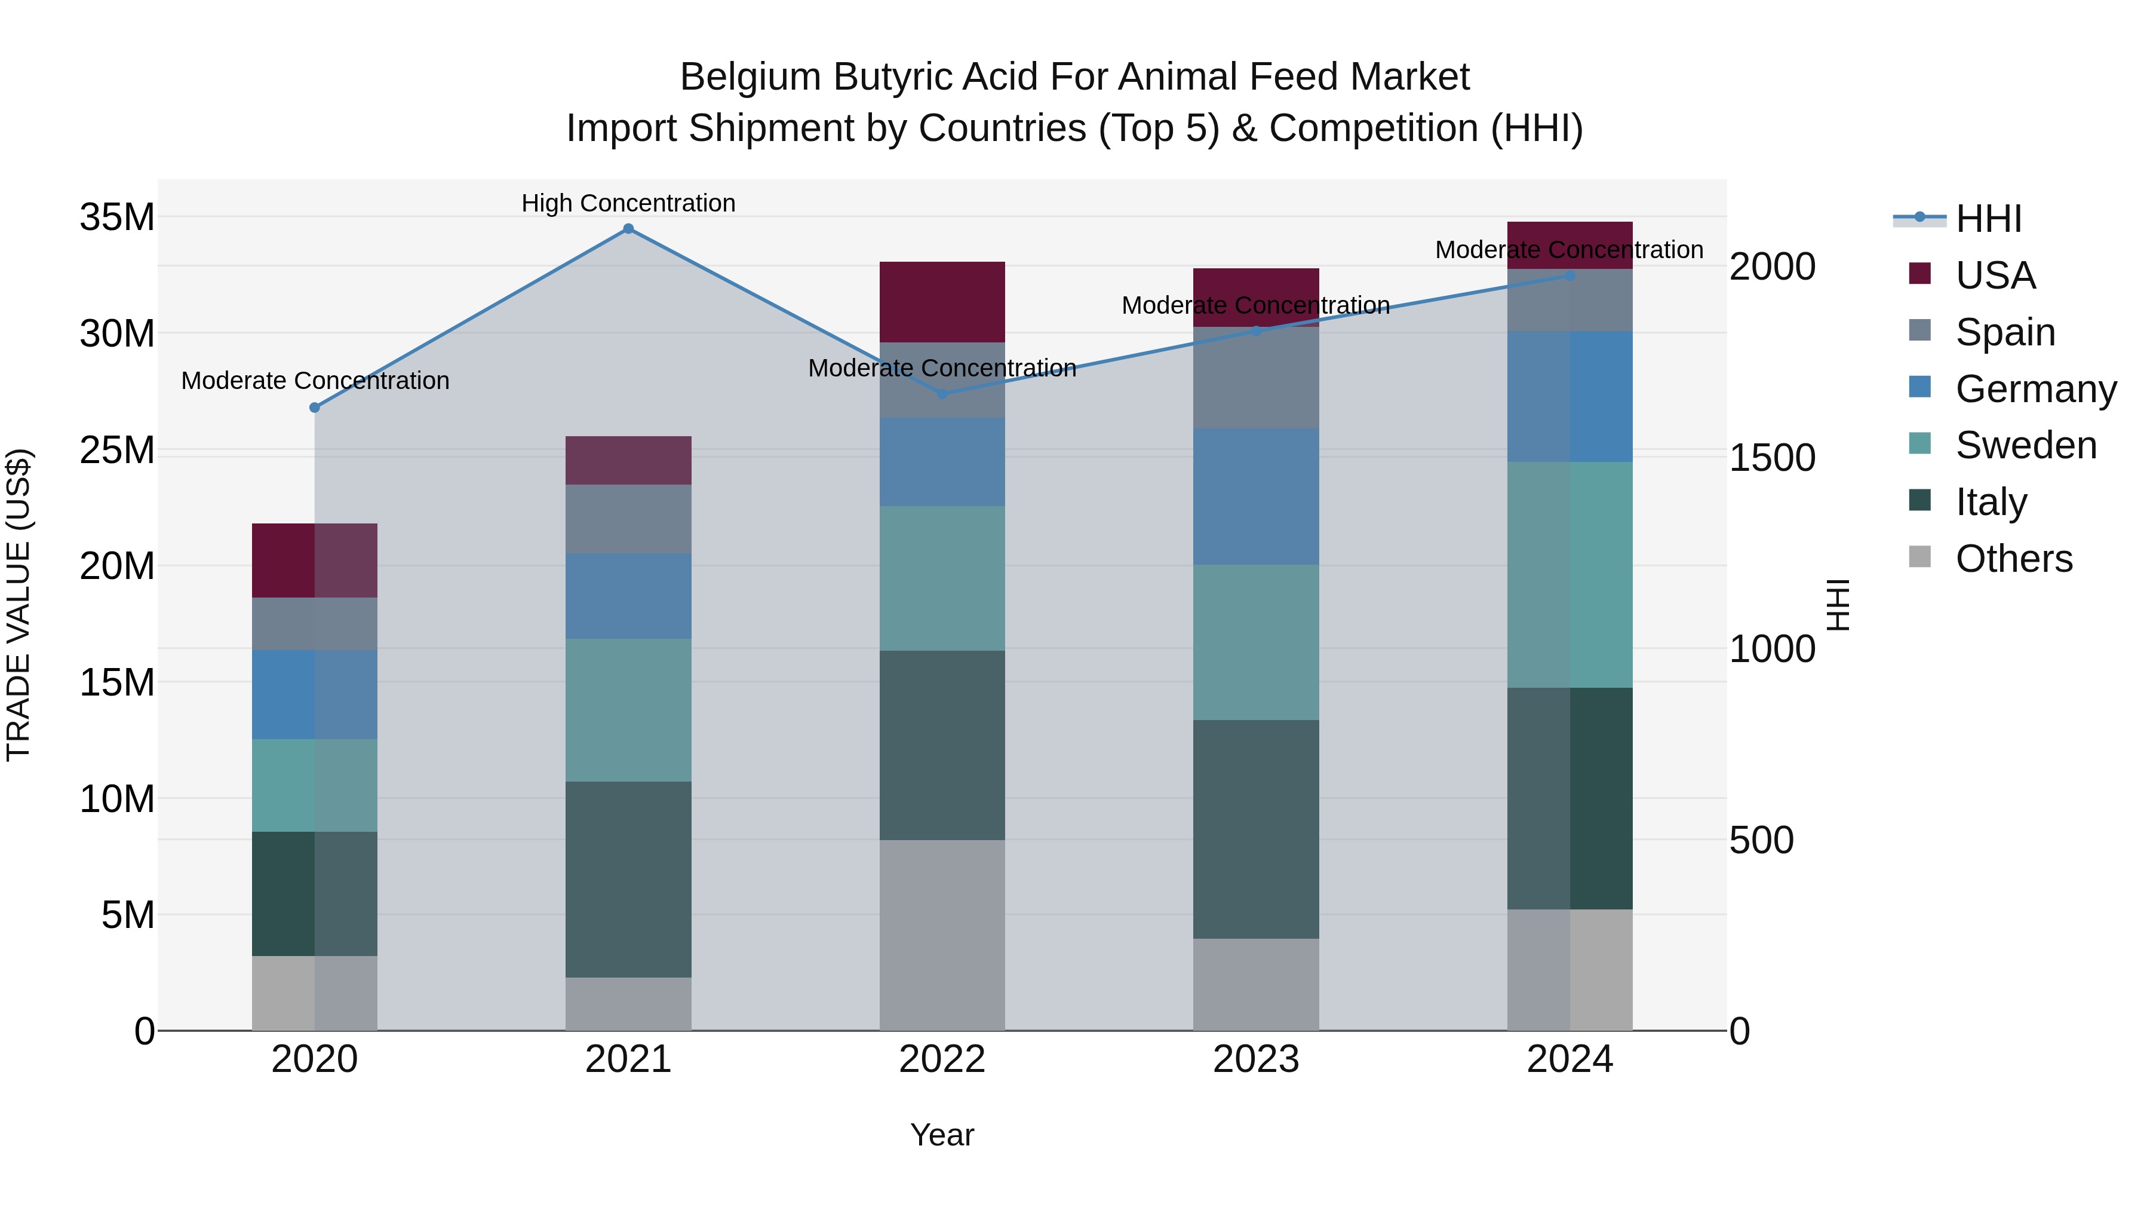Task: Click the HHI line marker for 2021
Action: click(x=628, y=229)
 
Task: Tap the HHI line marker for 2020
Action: click(x=315, y=408)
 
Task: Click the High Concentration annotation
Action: click(x=628, y=203)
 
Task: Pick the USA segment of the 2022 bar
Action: click(x=942, y=302)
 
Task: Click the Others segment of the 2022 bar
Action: click(x=942, y=935)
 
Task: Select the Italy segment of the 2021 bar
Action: click(x=628, y=880)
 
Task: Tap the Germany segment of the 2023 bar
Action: click(x=1256, y=497)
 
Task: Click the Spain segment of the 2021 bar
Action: click(x=628, y=519)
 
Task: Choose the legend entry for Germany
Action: click(x=2035, y=389)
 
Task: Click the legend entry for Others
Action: click(x=2013, y=559)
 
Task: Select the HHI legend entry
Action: click(x=1987, y=219)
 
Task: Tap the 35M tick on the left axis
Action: click(x=117, y=217)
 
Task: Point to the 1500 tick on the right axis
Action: click(x=1772, y=458)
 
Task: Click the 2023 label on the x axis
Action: click(x=1256, y=1059)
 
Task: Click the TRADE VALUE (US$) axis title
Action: click(x=19, y=605)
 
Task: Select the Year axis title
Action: click(x=942, y=1135)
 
